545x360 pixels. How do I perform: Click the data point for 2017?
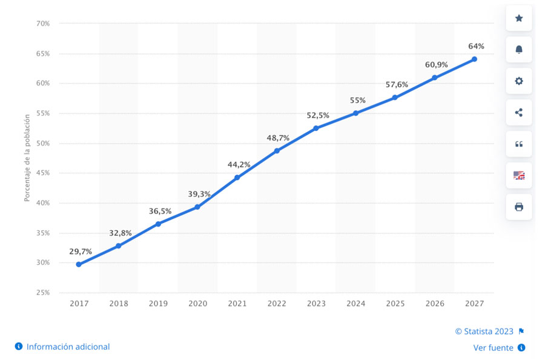tap(79, 264)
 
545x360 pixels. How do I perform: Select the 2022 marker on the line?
tap(277, 150)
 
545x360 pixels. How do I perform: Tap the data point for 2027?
tap(474, 59)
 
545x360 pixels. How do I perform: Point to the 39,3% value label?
tap(199, 194)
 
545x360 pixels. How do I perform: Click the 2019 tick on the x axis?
tap(158, 303)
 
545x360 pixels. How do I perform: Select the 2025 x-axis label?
tap(395, 303)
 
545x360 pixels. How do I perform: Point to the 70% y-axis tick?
tap(42, 24)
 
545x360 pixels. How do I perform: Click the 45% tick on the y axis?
tap(42, 173)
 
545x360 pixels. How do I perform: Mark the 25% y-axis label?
tap(42, 292)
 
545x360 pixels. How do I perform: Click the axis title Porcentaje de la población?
tap(27, 158)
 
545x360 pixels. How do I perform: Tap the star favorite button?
tap(519, 18)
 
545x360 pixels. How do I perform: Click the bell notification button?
tap(519, 50)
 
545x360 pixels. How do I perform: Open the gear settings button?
tap(519, 81)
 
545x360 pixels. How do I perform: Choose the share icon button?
tap(519, 112)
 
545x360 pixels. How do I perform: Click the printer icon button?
tap(519, 207)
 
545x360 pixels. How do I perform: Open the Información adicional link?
tap(68, 347)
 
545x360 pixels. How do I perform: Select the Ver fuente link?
tap(494, 348)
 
